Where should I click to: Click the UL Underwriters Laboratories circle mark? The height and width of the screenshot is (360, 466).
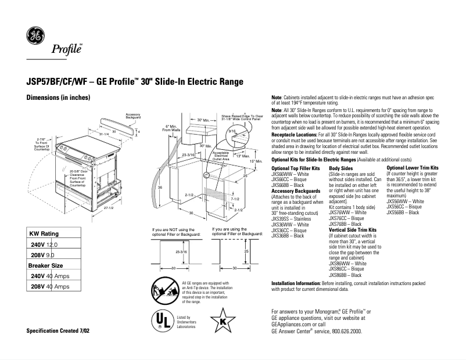[162, 319]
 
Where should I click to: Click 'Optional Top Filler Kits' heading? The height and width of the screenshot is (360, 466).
[295, 168]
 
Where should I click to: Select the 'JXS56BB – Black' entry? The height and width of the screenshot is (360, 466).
[403, 213]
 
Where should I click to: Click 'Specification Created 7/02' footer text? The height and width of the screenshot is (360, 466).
[58, 331]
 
